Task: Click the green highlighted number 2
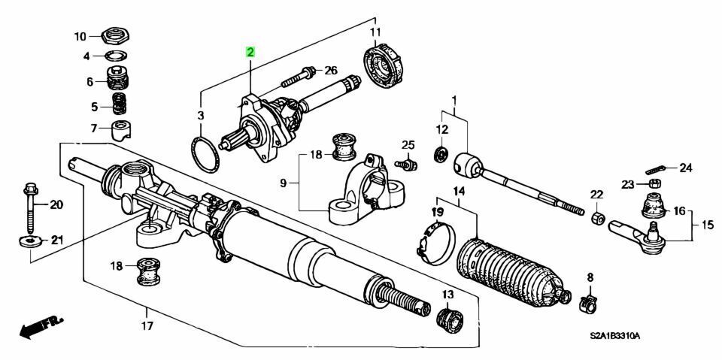coord(250,52)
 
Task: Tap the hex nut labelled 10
coord(116,35)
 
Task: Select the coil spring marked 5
coord(120,104)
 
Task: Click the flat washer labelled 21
coord(30,241)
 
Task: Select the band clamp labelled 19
coord(435,243)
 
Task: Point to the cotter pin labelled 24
coord(657,169)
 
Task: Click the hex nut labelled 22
coord(596,218)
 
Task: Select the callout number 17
coord(147,326)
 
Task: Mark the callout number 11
coord(376,32)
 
